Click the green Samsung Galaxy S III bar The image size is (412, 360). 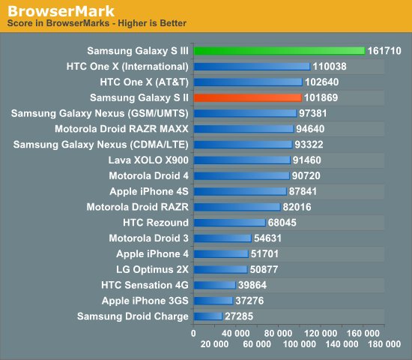(x=279, y=51)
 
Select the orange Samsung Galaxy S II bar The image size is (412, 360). (x=247, y=97)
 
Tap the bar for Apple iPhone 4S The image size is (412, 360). (x=240, y=191)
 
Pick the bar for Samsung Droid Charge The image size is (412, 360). (x=207, y=316)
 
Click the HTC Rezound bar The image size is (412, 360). (x=229, y=223)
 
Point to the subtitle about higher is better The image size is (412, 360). (x=97, y=24)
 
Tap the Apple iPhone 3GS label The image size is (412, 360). (x=145, y=301)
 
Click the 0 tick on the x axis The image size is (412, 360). (x=193, y=331)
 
